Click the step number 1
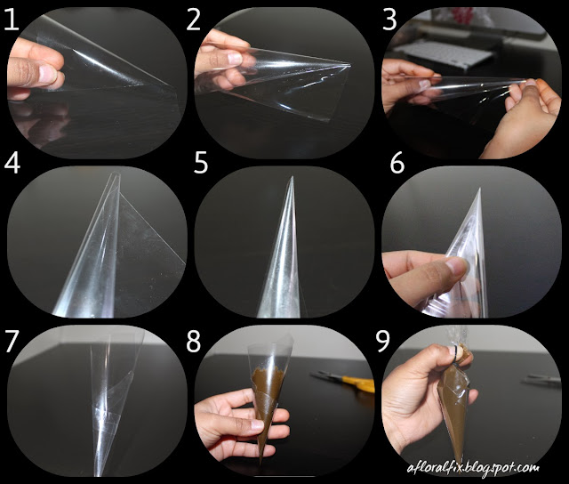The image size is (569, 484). (12, 20)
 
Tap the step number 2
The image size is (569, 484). (195, 20)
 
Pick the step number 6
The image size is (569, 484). (397, 165)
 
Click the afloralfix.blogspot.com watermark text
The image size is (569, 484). (485, 466)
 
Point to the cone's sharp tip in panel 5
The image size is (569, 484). (291, 178)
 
